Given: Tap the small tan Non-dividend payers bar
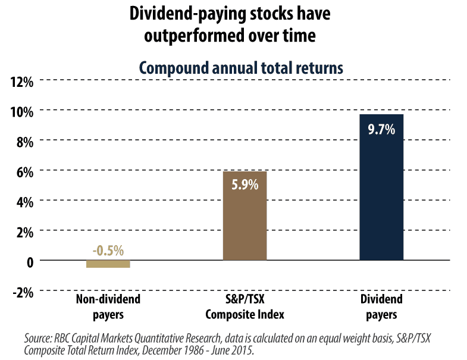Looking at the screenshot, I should [x=108, y=264].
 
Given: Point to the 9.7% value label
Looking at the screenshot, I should [x=381, y=129].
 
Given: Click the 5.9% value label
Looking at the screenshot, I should [x=245, y=185].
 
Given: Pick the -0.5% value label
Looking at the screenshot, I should [x=108, y=251].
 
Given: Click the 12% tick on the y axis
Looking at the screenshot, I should [x=22, y=81].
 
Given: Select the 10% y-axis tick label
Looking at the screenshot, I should [x=22, y=111].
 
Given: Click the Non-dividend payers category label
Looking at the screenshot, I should [x=108, y=306].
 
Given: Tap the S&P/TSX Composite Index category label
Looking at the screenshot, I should [x=245, y=306].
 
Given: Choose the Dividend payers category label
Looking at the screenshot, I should [x=381, y=306].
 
